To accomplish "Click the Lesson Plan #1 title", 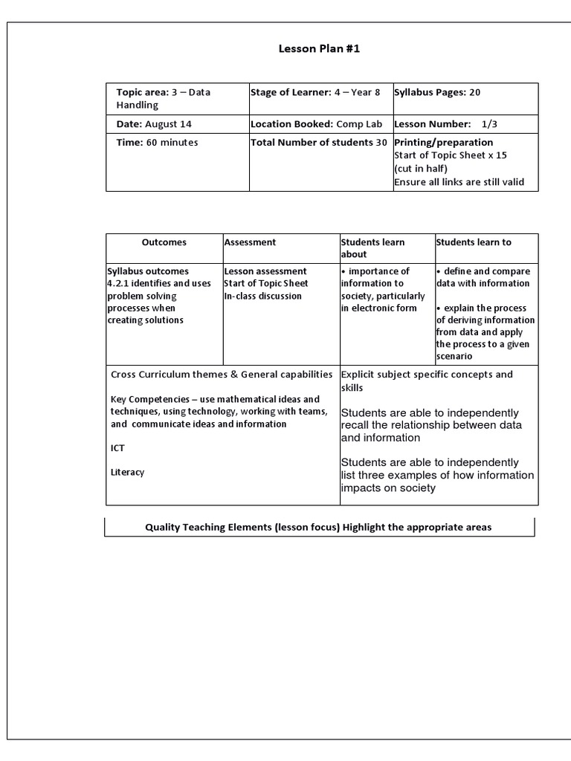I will pos(312,49).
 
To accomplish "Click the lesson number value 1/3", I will pos(491,123).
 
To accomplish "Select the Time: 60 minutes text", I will pos(157,142).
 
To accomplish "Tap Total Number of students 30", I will pos(319,142).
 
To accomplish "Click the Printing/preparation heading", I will pos(443,142).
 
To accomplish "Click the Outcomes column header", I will pos(164,242).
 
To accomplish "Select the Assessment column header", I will pos(250,242).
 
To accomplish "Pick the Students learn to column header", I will pos(474,242).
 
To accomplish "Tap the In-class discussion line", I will pos(262,296).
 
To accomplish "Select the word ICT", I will pos(117,448).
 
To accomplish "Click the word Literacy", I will pos(127,472).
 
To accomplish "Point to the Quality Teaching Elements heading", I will pos(318,527).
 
